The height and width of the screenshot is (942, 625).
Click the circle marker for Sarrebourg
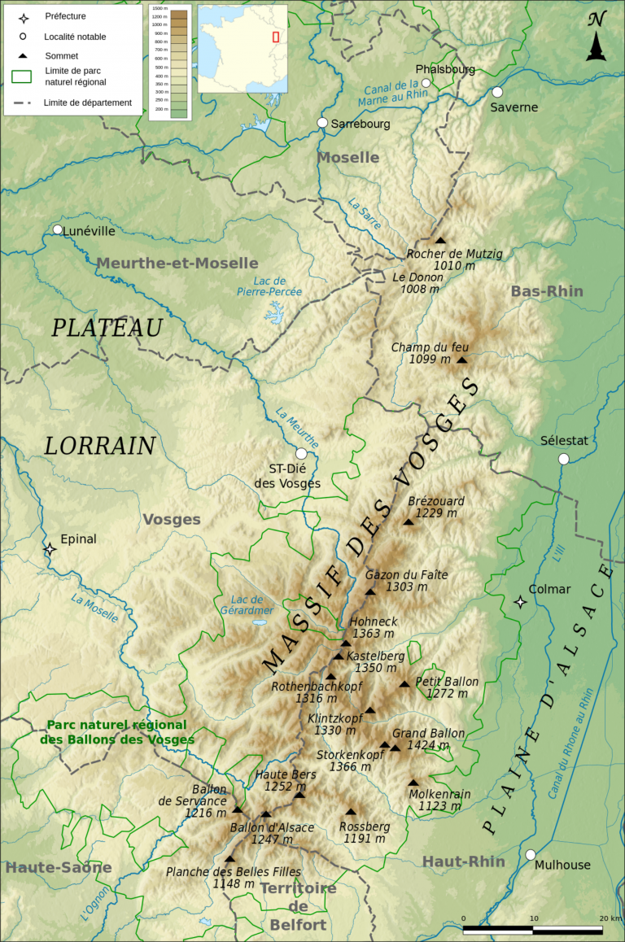point(322,123)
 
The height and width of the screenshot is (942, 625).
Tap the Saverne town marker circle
point(497,92)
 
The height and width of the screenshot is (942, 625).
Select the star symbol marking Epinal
point(50,549)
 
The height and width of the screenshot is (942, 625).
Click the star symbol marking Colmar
point(520,602)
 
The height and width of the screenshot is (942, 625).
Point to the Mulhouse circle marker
point(531,854)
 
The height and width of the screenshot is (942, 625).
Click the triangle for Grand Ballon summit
point(396,748)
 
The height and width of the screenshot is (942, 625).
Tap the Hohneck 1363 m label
point(372,627)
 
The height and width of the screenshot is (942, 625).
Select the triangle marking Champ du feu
point(462,360)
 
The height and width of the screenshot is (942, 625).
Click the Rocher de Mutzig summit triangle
point(440,240)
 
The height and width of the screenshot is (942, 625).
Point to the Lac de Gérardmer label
point(247,604)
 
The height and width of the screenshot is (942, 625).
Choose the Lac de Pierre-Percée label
point(269,286)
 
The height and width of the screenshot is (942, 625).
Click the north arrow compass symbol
point(597,37)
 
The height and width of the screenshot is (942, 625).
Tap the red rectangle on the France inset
point(276,37)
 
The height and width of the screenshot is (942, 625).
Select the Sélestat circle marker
point(563,459)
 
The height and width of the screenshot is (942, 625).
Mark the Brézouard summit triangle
point(409,521)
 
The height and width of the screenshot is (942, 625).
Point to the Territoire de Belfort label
point(299,906)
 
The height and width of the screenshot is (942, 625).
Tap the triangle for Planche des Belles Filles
point(229,858)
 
